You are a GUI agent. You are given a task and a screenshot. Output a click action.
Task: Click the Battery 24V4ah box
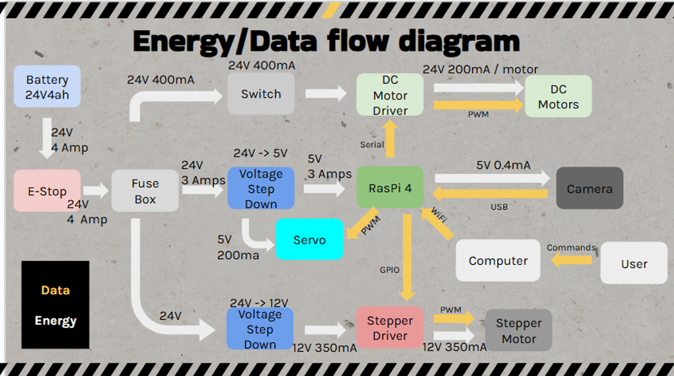pos(47,86)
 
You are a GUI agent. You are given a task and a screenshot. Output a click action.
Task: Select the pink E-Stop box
pos(47,191)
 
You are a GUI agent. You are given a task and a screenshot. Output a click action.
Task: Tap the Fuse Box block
pos(145,191)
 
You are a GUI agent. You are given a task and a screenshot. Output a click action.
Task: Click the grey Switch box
pos(261,94)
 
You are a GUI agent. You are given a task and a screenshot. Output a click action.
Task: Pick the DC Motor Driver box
pos(390,95)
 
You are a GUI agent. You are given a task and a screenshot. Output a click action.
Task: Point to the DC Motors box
pos(558,96)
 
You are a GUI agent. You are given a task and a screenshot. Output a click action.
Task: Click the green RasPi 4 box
pos(390,188)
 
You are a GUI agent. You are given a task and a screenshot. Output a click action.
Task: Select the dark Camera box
pos(589,188)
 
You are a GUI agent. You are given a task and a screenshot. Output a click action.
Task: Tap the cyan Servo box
pos(310,240)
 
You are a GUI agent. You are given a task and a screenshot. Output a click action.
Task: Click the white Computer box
pos(498,261)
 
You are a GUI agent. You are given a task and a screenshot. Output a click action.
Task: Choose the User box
pos(634,263)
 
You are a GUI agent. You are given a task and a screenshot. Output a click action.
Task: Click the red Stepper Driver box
pos(390,328)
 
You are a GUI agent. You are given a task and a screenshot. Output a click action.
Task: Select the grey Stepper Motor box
pos(518,331)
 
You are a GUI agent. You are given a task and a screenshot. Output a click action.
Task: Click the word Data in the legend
pos(55,290)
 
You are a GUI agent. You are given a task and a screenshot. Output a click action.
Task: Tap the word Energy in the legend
pos(55,321)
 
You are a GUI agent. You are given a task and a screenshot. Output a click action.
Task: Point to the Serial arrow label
pos(372,145)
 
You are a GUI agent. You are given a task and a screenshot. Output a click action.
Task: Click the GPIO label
pos(389,270)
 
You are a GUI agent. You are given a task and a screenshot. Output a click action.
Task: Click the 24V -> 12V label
pos(259,303)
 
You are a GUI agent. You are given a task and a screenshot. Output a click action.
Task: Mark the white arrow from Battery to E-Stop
pos(46,138)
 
